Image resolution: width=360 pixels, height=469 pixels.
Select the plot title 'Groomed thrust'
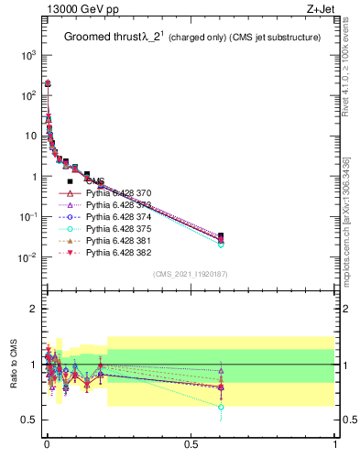[x=100, y=38]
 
